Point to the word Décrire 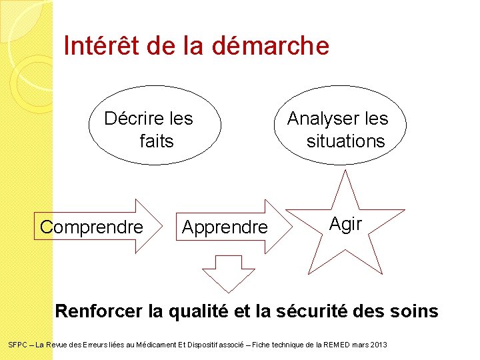[134, 119]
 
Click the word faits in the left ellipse [157, 141]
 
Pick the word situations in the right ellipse [345, 141]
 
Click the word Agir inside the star [346, 225]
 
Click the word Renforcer [99, 311]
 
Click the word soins [414, 311]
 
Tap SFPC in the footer [16, 345]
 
